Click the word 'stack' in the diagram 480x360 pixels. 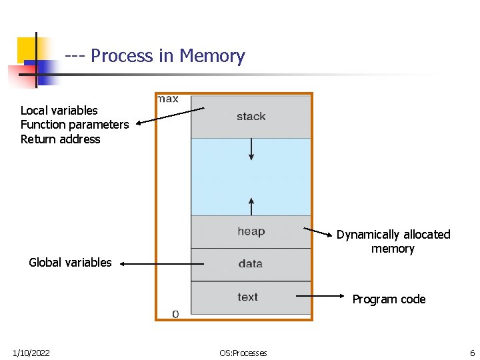(251, 117)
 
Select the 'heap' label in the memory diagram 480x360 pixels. (251, 231)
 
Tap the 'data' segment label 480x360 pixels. (250, 264)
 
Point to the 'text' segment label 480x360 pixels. (247, 297)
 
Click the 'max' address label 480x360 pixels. (167, 99)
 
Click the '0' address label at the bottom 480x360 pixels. (175, 313)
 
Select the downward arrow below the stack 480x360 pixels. (251, 148)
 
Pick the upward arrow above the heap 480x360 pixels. (251, 206)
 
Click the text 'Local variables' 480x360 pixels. (59, 111)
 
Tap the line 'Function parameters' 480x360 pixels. (75, 125)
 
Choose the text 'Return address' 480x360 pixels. (60, 139)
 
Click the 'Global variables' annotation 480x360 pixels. (70, 263)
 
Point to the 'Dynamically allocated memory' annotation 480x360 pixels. (393, 241)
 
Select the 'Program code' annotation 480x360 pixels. (389, 299)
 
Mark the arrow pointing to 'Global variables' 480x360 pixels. (155, 264)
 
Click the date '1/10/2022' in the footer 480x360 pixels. (31, 353)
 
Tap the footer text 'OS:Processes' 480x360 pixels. (243, 353)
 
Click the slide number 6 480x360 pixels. (472, 353)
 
